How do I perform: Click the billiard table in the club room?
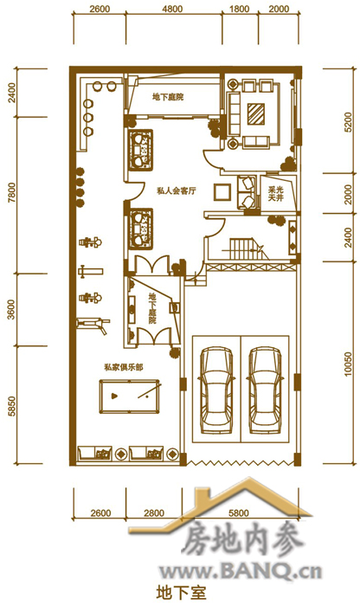click(130, 396)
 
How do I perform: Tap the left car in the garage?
click(216, 390)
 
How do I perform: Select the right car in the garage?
click(265, 390)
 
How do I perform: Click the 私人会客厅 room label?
click(177, 190)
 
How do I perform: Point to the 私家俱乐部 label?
click(123, 367)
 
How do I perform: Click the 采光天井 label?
click(276, 194)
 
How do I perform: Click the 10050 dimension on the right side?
click(348, 364)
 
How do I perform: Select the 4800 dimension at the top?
click(172, 9)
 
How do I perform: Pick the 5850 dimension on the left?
click(11, 407)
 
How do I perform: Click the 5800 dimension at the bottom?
click(239, 513)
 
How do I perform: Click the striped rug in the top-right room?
click(256, 113)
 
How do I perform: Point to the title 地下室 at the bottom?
click(181, 592)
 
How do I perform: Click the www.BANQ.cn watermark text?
click(241, 571)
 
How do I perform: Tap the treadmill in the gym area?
click(93, 325)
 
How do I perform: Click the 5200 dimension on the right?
click(348, 123)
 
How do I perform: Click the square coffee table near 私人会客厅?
click(222, 191)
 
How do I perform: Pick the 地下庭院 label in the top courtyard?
click(168, 97)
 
